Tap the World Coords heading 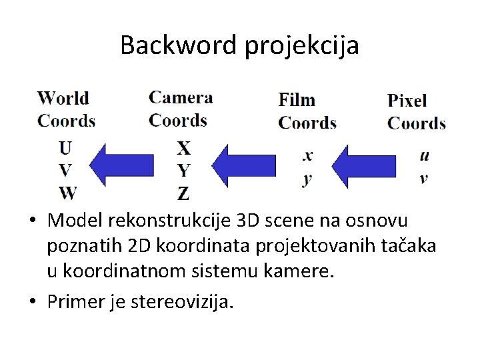[66, 109]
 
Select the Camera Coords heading [180, 109]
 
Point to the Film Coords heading [307, 111]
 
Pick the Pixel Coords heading [416, 112]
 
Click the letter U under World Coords [66, 147]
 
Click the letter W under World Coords [67, 193]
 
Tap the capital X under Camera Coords [183, 148]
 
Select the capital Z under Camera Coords [183, 194]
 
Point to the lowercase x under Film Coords [307, 155]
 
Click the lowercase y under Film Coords [307, 179]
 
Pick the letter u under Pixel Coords [425, 155]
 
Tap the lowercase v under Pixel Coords [424, 178]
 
